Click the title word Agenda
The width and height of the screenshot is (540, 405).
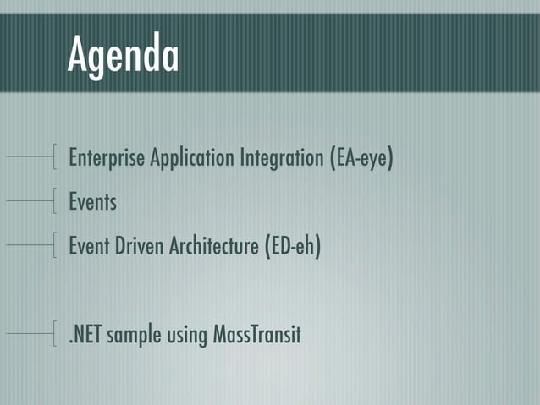(124, 56)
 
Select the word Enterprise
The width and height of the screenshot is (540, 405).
(107, 158)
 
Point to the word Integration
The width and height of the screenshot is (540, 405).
(273, 158)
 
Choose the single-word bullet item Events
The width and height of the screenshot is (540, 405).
(92, 203)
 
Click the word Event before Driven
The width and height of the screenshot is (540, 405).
(90, 247)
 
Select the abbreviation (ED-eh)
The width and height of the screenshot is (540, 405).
(292, 247)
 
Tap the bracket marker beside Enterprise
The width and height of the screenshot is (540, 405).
(55, 157)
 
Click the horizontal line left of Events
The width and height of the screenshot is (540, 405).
(29, 201)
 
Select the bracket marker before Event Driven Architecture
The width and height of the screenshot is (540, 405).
(55, 245)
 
